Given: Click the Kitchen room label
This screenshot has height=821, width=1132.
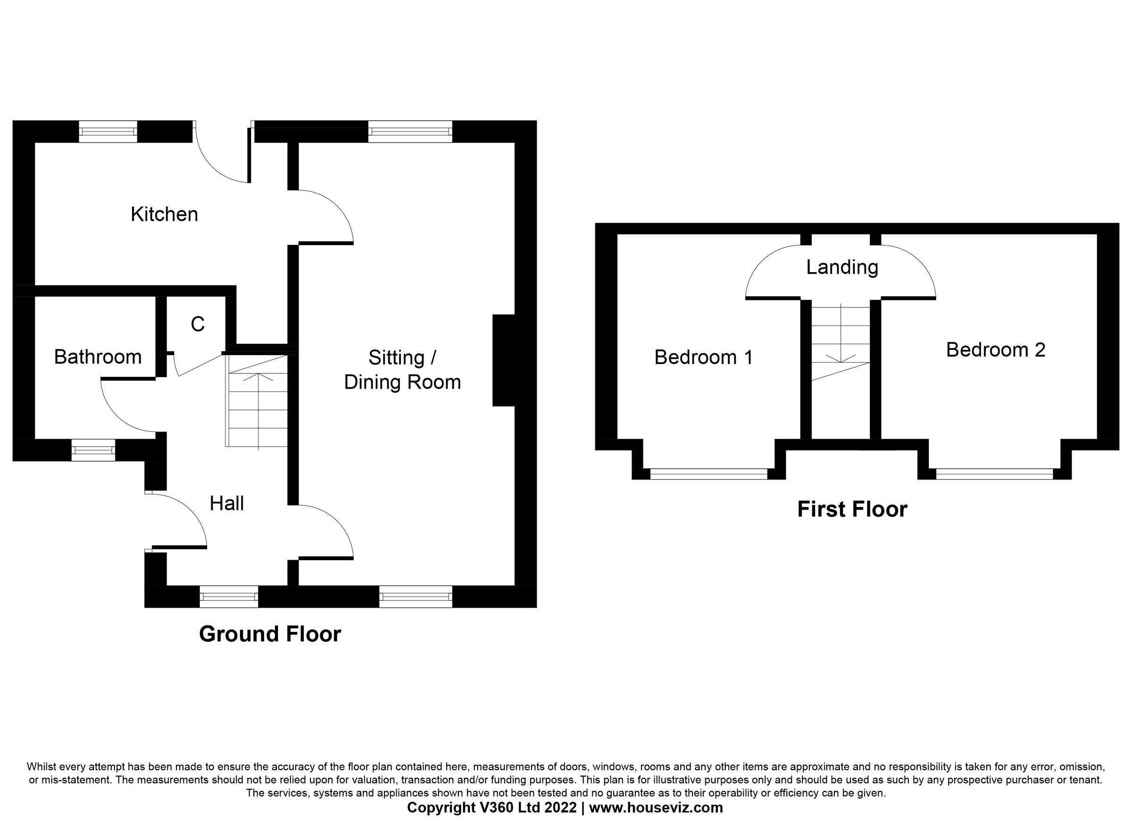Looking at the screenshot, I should point(164,214).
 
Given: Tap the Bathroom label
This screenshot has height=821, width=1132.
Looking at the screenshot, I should point(98,357).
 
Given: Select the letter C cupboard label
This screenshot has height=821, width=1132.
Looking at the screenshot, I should point(198,324).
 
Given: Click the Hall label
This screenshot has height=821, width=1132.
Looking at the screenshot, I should point(226,504).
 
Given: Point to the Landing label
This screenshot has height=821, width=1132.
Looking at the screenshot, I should point(842,267).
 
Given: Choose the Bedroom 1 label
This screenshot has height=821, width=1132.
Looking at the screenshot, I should point(703,357).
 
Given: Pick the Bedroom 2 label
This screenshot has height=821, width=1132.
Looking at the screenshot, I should point(995,350).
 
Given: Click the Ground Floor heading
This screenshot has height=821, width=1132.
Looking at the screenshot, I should point(270,634).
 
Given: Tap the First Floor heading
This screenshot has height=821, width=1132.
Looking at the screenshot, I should point(852,510).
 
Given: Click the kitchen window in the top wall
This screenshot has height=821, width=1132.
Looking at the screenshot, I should point(108,131).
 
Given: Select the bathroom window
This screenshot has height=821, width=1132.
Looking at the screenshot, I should point(93,450).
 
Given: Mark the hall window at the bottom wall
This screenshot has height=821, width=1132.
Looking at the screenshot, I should point(229,597).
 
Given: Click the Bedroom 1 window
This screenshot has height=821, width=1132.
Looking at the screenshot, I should point(708,473).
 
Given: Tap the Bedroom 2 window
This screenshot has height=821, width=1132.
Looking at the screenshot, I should point(994,473).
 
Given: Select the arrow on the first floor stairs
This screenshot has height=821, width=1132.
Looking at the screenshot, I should point(841,358).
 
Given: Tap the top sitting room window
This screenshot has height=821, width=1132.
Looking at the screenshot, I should point(410,131).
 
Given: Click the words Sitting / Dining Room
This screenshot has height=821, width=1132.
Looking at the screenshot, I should point(402,370).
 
